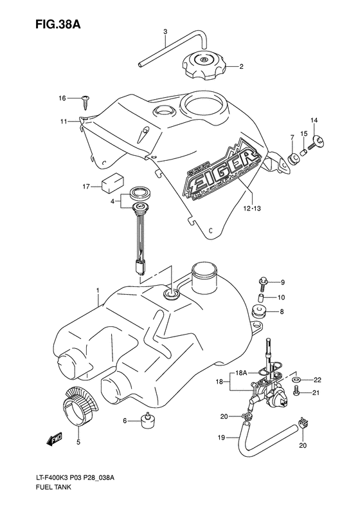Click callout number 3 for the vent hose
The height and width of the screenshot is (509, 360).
[x=165, y=32]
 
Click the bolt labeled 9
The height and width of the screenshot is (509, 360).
[x=264, y=281]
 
